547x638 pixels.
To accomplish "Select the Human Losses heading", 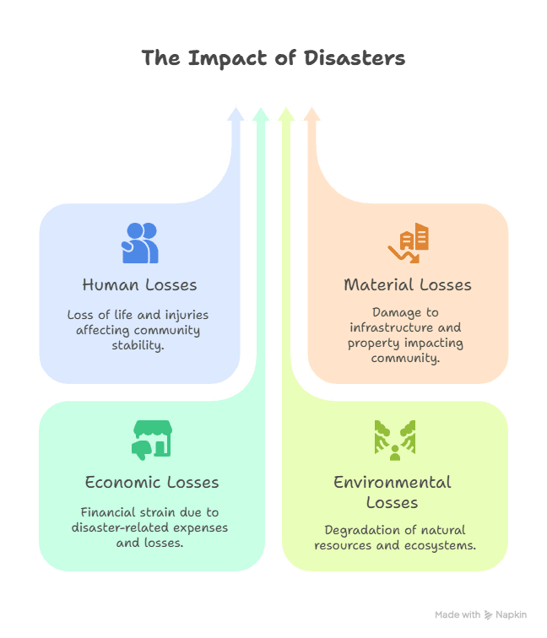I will (x=140, y=284).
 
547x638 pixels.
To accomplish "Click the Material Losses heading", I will (x=408, y=284).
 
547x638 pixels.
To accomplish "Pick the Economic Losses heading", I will (x=152, y=483).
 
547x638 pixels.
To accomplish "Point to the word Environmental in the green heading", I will (x=393, y=483).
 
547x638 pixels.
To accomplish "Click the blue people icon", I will (x=140, y=242).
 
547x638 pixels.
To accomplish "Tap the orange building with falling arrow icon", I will (x=409, y=243).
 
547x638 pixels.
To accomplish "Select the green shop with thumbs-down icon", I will (x=151, y=440).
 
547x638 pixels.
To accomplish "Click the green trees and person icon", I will (x=393, y=440).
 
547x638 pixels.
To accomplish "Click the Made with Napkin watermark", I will (x=481, y=615).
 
